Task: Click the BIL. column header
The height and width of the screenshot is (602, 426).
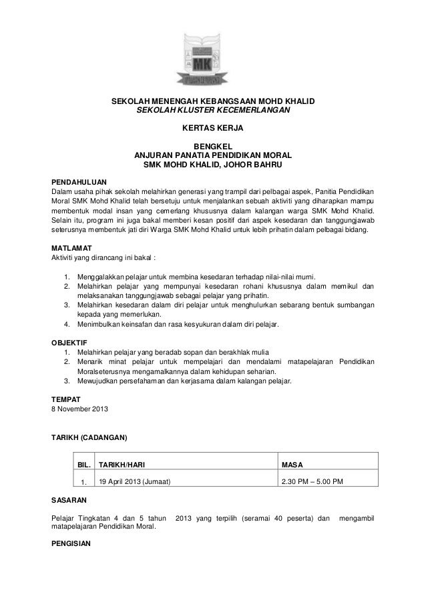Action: (85, 463)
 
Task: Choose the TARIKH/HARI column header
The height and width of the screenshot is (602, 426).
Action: (123, 463)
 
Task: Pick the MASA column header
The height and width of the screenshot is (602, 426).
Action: (294, 463)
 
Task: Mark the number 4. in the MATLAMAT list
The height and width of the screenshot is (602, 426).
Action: (67, 325)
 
